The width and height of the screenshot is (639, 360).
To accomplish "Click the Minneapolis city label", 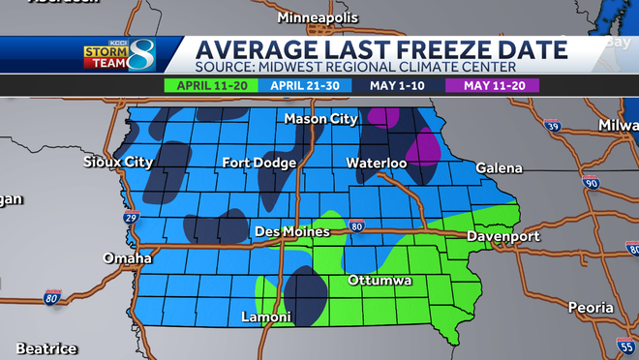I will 318,18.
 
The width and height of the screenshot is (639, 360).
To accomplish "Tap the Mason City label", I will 320,119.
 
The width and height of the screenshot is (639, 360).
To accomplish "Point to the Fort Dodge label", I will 259,163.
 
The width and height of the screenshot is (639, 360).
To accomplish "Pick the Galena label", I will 499,168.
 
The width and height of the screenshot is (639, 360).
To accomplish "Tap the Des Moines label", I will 292,232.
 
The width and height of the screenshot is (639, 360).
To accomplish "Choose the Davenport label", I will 502,236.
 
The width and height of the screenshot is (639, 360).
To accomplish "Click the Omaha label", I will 128,258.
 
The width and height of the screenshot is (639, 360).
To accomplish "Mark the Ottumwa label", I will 380,281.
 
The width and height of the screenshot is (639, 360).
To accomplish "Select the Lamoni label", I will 266,317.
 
